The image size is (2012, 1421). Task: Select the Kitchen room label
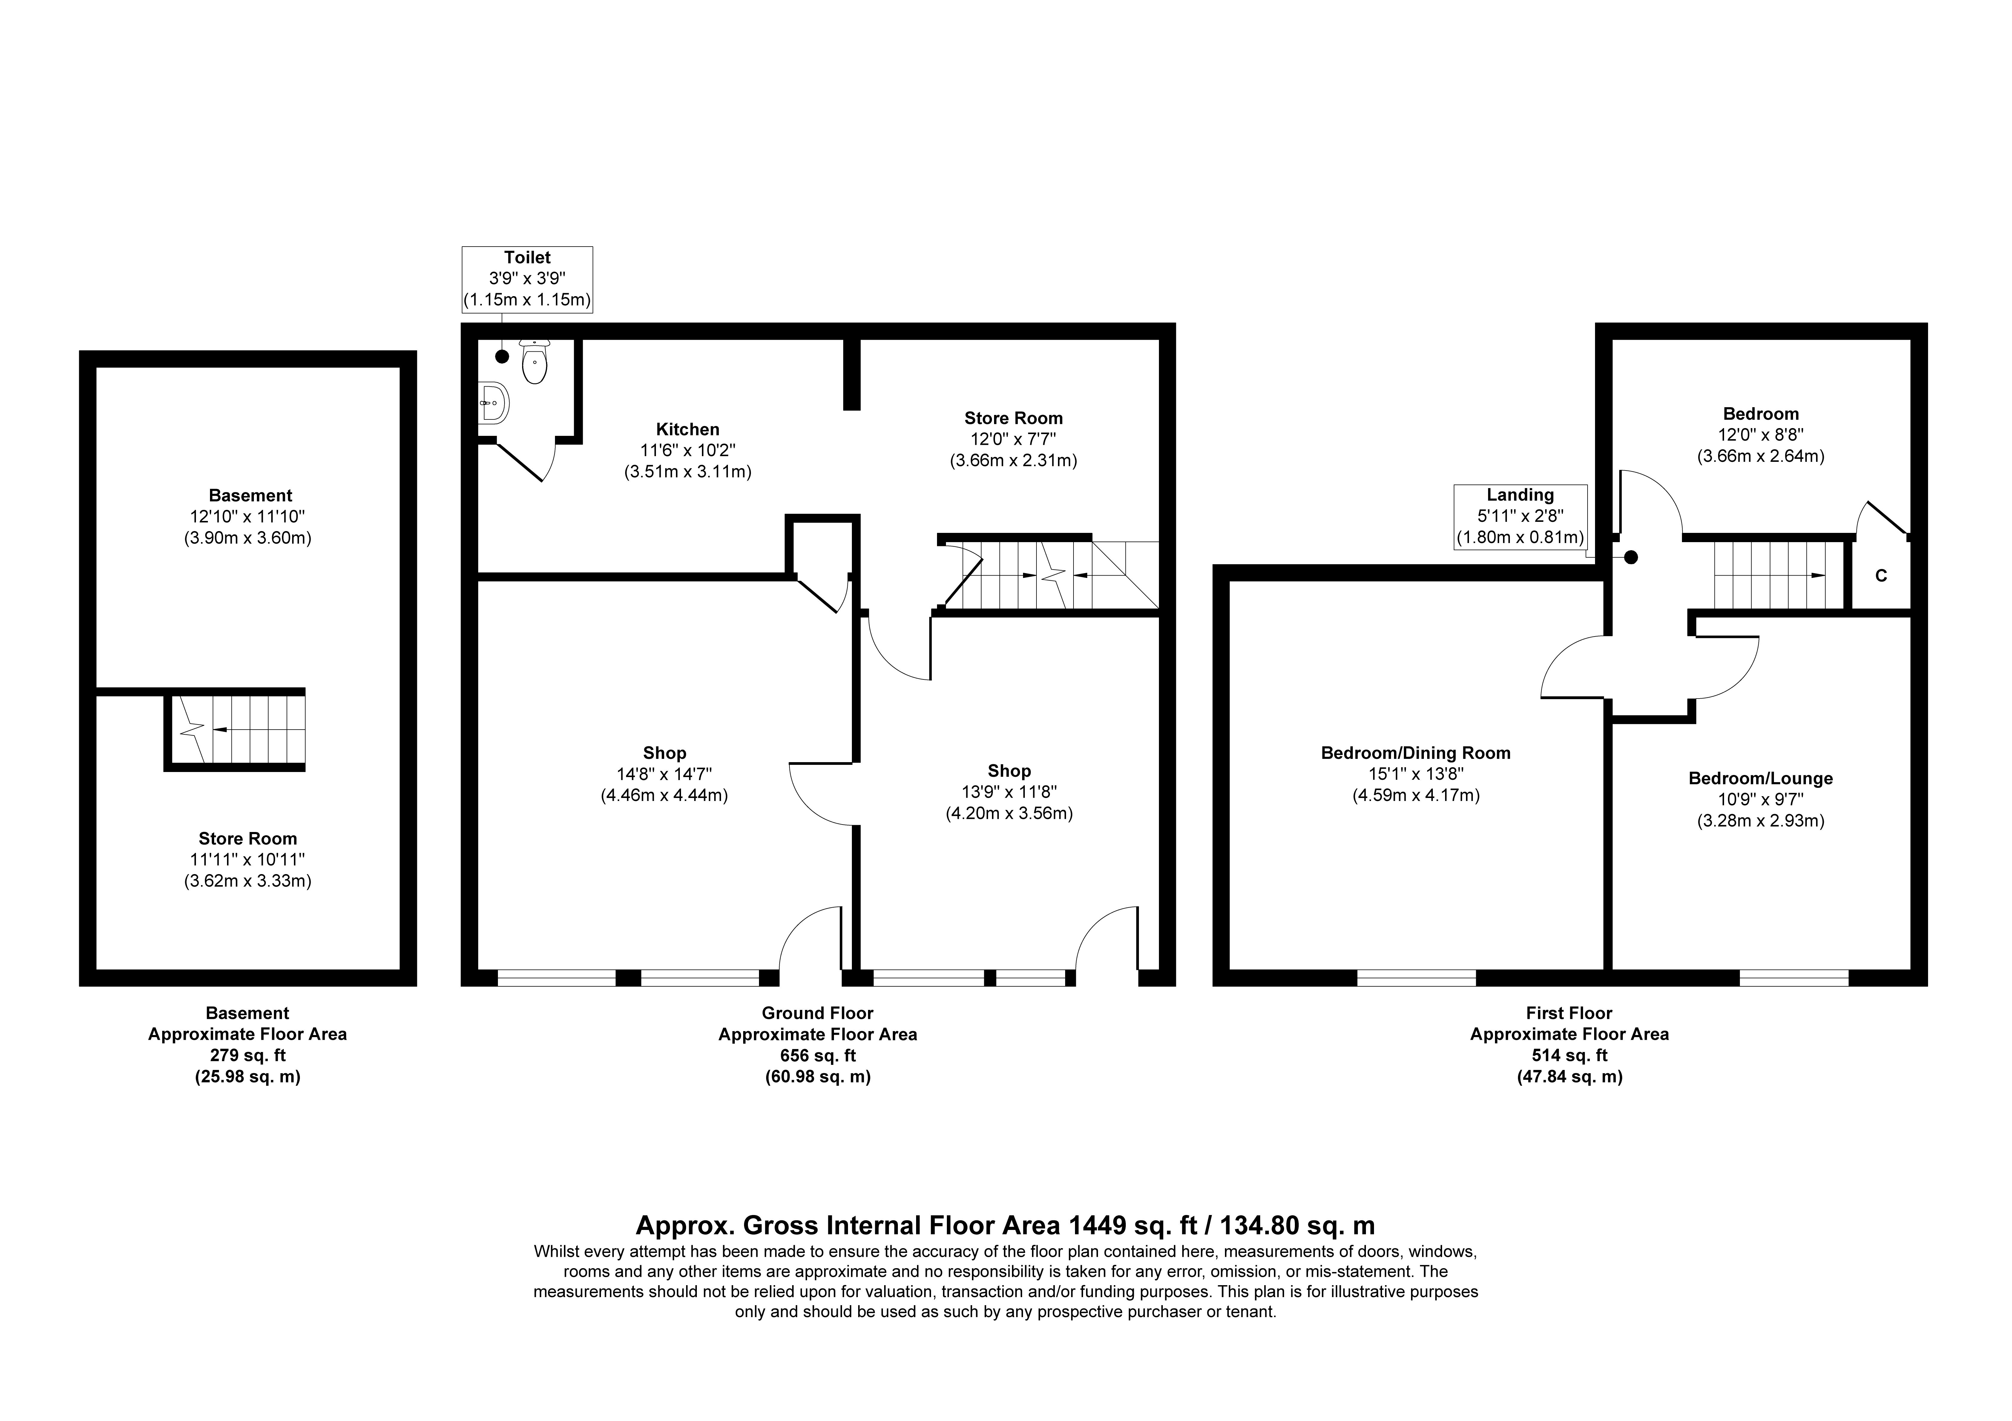click(x=688, y=429)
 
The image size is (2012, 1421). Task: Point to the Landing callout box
click(x=1520, y=517)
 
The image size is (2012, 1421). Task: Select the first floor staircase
click(x=1770, y=575)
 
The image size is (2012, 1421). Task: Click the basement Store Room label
click(x=248, y=838)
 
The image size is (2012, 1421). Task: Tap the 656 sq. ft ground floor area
click(x=818, y=1056)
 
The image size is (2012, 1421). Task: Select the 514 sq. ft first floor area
click(x=1569, y=1056)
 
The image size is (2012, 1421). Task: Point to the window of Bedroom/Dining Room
click(x=1416, y=978)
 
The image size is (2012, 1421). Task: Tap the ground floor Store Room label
click(x=1014, y=418)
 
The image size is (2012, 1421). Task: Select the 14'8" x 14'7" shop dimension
click(x=664, y=774)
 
